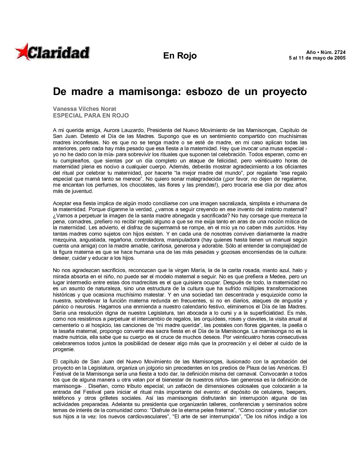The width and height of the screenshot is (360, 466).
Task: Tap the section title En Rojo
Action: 180,56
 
